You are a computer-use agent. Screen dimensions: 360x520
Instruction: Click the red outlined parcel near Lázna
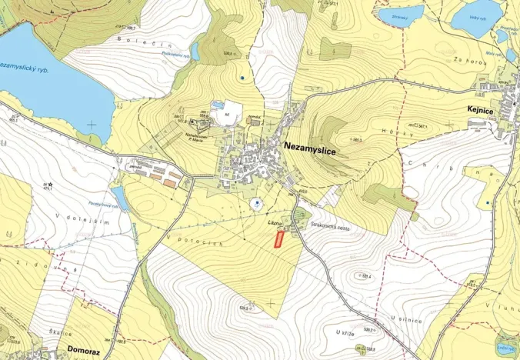click(278, 239)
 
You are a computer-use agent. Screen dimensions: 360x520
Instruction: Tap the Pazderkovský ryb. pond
click(119, 198)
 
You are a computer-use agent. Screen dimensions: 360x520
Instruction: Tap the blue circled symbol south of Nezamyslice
click(255, 204)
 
